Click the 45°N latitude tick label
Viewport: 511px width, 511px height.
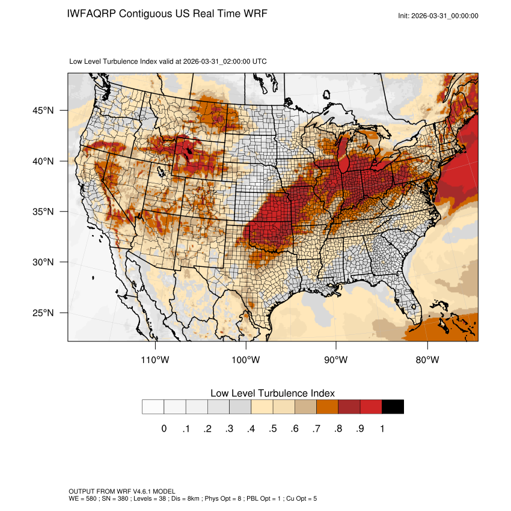point(43,111)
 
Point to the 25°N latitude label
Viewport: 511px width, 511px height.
point(43,313)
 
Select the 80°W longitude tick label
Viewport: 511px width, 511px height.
point(427,360)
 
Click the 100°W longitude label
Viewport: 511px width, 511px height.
point(246,360)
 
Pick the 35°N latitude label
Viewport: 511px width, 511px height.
point(43,212)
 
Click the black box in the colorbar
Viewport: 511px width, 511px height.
point(393,407)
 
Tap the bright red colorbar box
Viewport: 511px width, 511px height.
point(371,407)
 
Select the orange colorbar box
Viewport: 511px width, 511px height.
point(327,407)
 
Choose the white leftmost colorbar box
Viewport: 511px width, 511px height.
point(153,407)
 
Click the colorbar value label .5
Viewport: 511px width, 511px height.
point(273,429)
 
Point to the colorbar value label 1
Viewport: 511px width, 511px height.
point(382,429)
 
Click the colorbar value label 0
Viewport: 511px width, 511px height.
point(164,429)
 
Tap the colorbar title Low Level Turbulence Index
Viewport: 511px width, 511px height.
point(272,393)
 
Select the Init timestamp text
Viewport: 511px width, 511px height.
point(438,16)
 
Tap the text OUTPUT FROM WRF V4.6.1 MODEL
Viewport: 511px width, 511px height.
point(122,492)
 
